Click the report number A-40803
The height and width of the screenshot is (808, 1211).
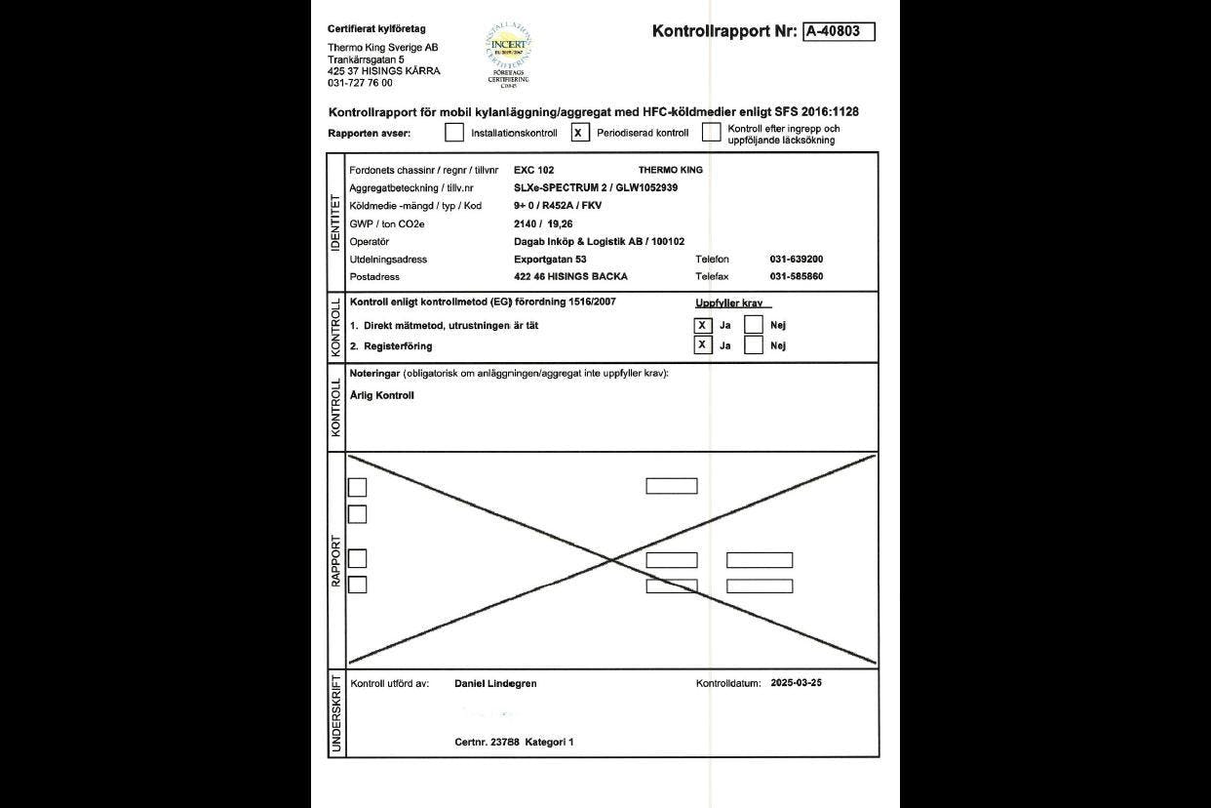[x=839, y=31]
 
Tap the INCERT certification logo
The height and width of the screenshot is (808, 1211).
[x=508, y=53]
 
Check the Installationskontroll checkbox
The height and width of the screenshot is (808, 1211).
[x=454, y=132]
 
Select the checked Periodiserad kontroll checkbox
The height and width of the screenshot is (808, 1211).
[x=580, y=132]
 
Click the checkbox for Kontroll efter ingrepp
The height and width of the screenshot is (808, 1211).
[x=712, y=132]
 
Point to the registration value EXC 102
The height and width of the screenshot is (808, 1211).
[x=533, y=170]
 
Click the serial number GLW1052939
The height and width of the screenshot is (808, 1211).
[x=646, y=187]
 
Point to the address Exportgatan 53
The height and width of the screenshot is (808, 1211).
[x=550, y=259]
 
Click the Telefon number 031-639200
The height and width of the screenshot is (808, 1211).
[x=797, y=259]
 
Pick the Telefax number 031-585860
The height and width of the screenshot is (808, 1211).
[x=797, y=276]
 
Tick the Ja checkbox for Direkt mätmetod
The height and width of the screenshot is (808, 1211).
[x=702, y=326]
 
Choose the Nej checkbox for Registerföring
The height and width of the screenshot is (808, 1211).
[x=753, y=345]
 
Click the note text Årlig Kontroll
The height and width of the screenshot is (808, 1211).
[x=381, y=395]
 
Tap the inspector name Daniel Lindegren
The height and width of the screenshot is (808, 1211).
[x=495, y=684]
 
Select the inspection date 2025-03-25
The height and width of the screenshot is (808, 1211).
[x=796, y=683]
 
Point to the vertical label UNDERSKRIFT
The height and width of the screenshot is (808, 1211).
[x=336, y=714]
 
